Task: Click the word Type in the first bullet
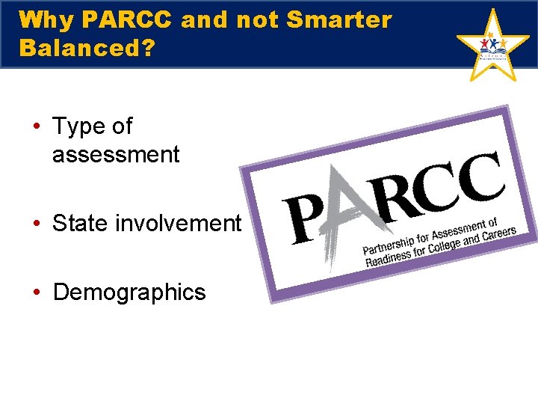click(x=78, y=126)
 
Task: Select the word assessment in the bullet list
click(x=116, y=155)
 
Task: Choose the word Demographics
click(x=129, y=292)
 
